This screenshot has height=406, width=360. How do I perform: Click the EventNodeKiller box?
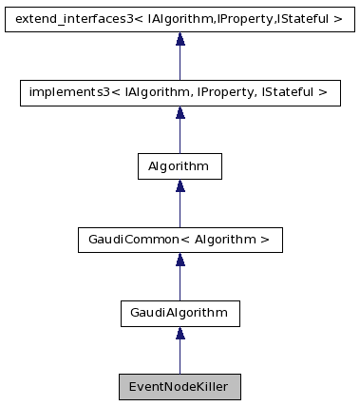pyautogui.click(x=180, y=387)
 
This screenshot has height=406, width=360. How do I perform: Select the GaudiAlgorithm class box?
pyautogui.click(x=180, y=311)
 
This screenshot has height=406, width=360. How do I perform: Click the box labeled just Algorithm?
pyautogui.click(x=180, y=165)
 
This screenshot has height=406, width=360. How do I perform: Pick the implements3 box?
pyautogui.click(x=180, y=92)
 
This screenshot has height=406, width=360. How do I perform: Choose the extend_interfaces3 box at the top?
pyautogui.click(x=180, y=18)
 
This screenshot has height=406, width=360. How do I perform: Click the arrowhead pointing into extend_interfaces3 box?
pyautogui.click(x=180, y=39)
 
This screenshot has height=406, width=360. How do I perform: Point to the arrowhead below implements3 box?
pyautogui.click(x=180, y=113)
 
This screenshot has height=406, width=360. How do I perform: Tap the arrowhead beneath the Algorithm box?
pyautogui.click(x=180, y=186)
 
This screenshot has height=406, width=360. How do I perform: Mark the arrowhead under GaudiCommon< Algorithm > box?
pyautogui.click(x=180, y=260)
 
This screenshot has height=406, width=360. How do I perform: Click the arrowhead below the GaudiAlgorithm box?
pyautogui.click(x=180, y=333)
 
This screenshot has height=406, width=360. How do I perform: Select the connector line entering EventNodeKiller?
pyautogui.click(x=180, y=358)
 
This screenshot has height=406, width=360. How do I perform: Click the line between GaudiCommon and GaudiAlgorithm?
pyautogui.click(x=180, y=284)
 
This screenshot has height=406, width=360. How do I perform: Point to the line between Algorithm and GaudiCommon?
pyautogui.click(x=180, y=211)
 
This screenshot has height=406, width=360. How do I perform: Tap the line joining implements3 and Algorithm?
pyautogui.click(x=180, y=137)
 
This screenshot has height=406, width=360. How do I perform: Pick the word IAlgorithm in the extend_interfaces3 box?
pyautogui.click(x=173, y=18)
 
